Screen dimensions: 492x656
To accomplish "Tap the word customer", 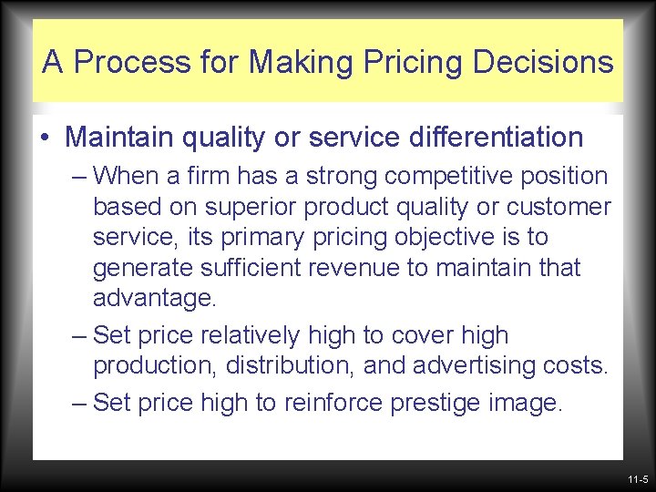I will pos(557,207).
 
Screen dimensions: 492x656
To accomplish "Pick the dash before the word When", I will pos(80,175).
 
